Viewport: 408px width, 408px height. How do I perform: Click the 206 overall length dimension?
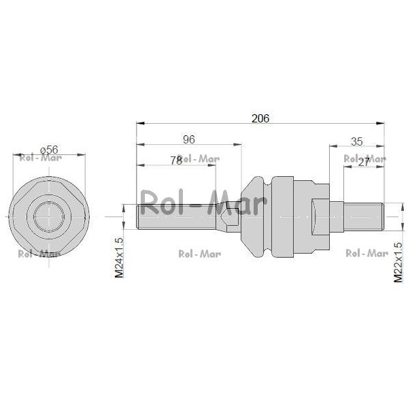(260, 118)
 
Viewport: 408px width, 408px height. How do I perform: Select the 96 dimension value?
(189, 139)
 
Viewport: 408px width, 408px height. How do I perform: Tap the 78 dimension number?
(176, 160)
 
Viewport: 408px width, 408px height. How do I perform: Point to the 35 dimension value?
(357, 142)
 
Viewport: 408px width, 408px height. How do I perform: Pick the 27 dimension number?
(364, 163)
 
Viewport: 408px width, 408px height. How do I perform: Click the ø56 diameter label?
(49, 150)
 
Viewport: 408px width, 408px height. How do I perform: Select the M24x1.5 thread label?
(119, 258)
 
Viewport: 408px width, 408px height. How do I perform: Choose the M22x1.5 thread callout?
(398, 262)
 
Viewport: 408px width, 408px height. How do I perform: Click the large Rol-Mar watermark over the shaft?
(203, 202)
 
